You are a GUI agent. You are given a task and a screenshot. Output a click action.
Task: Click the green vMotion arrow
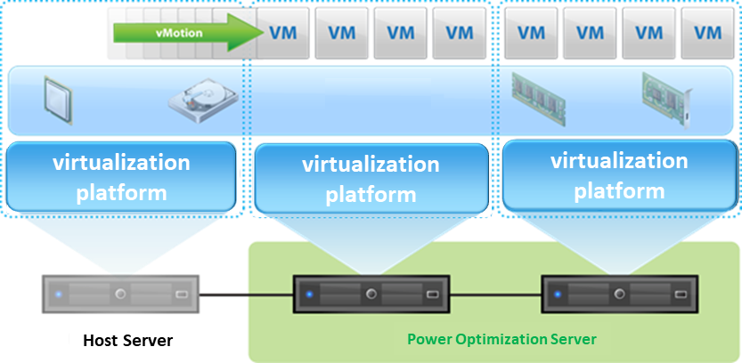coord(188,33)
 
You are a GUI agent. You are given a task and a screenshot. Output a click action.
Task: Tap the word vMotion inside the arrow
coord(179,33)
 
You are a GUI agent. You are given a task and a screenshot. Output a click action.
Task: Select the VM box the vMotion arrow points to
coord(283,33)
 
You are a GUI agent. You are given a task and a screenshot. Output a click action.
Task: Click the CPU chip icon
coord(57,100)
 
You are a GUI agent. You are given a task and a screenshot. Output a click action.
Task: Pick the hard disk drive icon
coord(203,101)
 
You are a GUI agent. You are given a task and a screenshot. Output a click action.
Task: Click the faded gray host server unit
coord(120,294)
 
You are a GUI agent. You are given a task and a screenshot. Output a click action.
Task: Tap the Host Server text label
coord(128,340)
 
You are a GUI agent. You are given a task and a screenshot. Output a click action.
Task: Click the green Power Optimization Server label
coord(502,339)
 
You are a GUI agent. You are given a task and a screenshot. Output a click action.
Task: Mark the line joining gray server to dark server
coord(246,295)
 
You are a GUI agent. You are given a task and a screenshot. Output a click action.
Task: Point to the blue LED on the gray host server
coord(59,294)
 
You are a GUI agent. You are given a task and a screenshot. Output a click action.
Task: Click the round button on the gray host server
coord(120,294)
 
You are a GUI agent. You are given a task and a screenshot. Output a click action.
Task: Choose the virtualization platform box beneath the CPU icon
coord(121,177)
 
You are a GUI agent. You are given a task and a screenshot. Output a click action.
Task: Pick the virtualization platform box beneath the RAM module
coord(619,176)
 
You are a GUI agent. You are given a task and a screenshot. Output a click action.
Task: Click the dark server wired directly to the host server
coord(371,294)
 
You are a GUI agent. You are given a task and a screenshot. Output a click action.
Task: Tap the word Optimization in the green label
coord(502,339)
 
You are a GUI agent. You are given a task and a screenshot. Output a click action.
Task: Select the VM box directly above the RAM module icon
coord(531,33)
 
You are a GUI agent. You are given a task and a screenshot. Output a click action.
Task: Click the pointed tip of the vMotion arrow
coord(263,33)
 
